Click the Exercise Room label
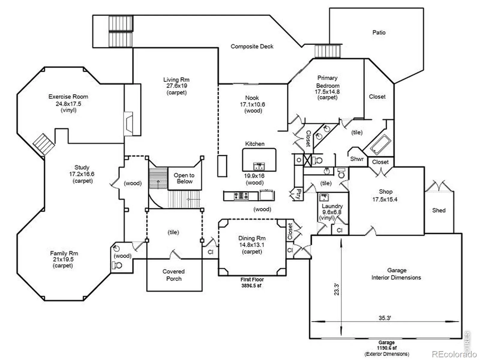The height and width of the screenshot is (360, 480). click(x=68, y=97)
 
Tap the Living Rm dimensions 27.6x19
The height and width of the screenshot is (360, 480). click(x=176, y=86)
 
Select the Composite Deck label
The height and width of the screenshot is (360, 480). click(x=252, y=46)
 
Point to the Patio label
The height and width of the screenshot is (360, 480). click(x=379, y=32)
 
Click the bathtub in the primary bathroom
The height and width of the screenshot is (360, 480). click(x=380, y=144)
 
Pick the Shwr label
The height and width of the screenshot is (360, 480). click(x=357, y=159)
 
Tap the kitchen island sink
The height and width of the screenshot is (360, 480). click(x=259, y=166)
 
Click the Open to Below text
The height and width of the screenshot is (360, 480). click(x=184, y=178)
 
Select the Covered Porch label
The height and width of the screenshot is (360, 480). click(x=174, y=275)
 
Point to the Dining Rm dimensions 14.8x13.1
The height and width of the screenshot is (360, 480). click(x=252, y=245)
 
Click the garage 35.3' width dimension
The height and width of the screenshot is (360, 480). click(x=385, y=318)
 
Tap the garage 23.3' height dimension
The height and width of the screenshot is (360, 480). click(x=337, y=289)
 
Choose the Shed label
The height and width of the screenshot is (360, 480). click(x=439, y=210)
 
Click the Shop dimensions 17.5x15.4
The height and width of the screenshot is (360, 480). click(x=385, y=199)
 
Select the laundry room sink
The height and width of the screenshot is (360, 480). click(x=324, y=197)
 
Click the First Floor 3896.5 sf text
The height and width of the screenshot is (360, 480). click(x=252, y=282)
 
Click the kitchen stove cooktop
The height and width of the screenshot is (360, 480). click(x=241, y=195)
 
